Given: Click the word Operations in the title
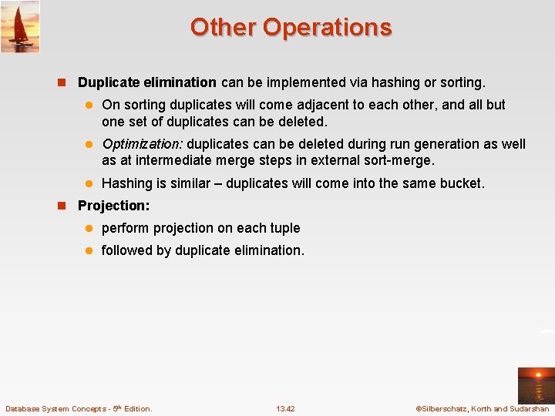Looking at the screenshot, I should (x=327, y=27).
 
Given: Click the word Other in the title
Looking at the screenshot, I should (x=224, y=27).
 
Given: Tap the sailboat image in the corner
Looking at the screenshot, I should (x=20, y=26).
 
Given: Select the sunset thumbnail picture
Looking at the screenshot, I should (x=535, y=385).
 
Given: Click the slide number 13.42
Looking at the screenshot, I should (x=285, y=408).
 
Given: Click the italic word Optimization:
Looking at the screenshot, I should (x=142, y=144).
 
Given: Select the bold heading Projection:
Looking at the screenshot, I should (x=113, y=206).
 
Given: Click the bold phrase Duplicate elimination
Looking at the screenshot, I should (x=146, y=82).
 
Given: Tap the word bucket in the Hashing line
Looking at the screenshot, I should (x=461, y=183).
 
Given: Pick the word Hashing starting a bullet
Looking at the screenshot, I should (x=126, y=183).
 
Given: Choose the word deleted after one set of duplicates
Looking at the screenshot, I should (x=302, y=122).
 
